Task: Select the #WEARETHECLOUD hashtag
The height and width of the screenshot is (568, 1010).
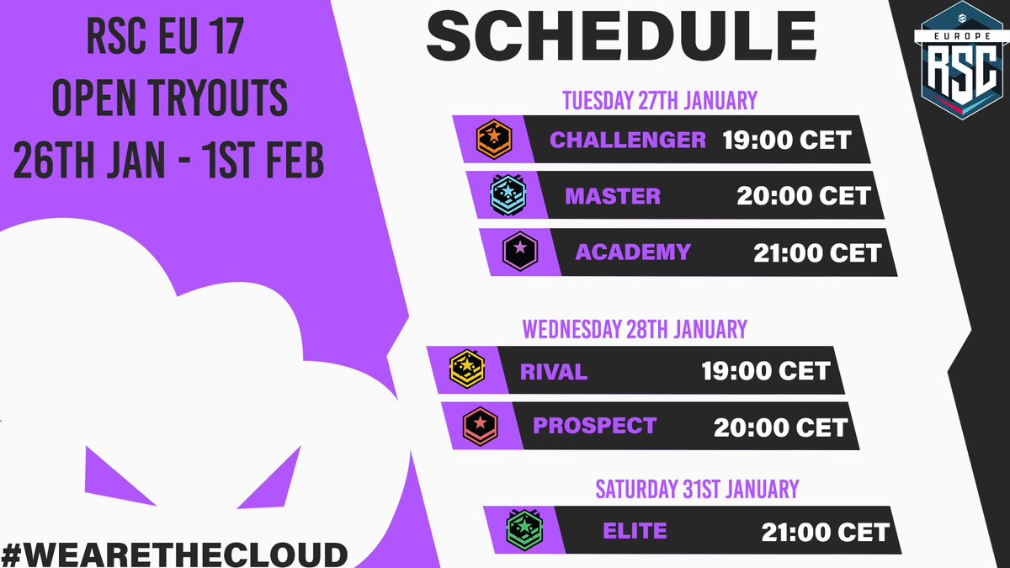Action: click(174, 553)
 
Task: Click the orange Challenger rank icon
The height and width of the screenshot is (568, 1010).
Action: click(489, 139)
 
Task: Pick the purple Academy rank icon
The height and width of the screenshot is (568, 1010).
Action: click(520, 251)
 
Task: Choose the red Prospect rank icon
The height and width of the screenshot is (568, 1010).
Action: click(477, 425)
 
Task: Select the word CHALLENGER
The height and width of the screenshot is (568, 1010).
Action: click(628, 140)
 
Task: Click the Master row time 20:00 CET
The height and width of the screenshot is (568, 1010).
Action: click(803, 197)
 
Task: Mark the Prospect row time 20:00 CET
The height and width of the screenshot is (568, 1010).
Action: click(780, 427)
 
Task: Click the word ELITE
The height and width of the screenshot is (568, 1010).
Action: click(635, 531)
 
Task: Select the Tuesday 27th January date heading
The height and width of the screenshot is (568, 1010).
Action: click(659, 101)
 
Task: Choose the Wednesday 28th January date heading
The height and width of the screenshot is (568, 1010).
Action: click(634, 328)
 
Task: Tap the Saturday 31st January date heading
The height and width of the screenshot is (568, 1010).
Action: click(697, 488)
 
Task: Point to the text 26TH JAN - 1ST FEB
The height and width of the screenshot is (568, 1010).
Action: click(169, 162)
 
